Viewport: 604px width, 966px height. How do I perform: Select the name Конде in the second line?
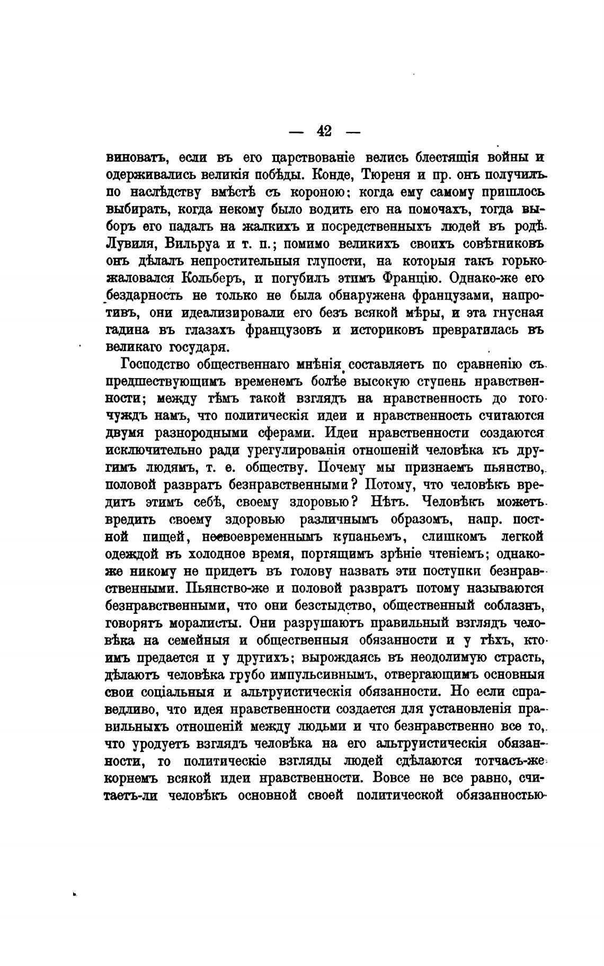click(x=328, y=175)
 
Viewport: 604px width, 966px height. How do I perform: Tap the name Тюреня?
click(x=379, y=175)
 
